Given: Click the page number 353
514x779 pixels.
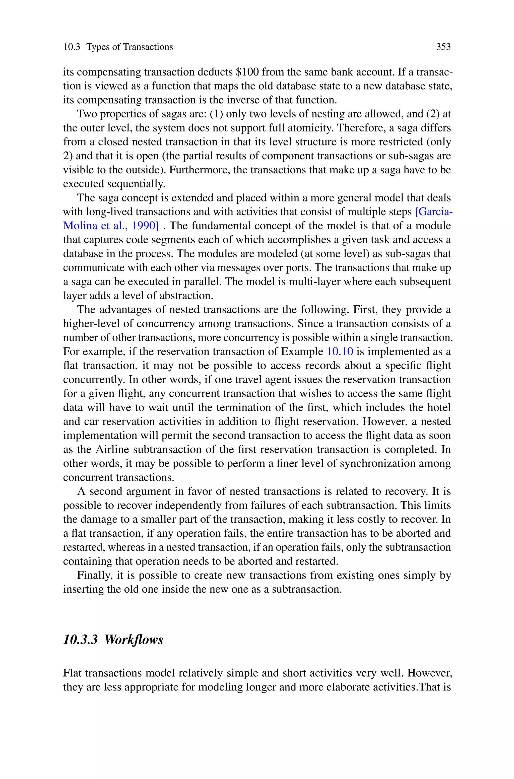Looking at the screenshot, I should point(443,47).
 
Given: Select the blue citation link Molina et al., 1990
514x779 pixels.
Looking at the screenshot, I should point(111,226).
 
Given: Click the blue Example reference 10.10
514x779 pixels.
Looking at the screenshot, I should point(340,352).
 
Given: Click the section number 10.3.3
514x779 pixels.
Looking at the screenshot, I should point(80,640).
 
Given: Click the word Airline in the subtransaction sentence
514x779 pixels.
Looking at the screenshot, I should point(112,449).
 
